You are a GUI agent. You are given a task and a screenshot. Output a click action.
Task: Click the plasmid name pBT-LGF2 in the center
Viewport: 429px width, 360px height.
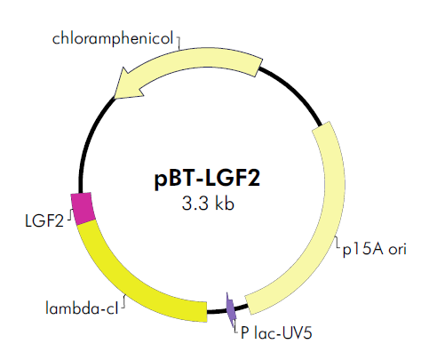(207, 179)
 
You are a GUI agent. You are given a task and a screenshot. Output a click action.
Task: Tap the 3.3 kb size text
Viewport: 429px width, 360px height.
(208, 204)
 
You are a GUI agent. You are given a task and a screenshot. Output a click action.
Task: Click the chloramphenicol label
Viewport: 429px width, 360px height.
(113, 38)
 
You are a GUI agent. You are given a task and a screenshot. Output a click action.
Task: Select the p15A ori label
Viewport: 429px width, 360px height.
(375, 249)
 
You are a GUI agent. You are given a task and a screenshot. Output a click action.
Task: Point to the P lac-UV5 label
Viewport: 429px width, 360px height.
(276, 332)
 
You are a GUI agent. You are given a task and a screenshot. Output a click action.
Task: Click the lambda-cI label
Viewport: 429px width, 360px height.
(82, 308)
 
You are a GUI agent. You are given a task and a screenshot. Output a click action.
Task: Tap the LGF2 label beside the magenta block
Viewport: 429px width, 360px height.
(44, 220)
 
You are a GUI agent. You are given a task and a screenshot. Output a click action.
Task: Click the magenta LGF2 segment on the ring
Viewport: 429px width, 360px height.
(83, 208)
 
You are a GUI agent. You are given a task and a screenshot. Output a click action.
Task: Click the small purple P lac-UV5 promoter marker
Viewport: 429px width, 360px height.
(231, 310)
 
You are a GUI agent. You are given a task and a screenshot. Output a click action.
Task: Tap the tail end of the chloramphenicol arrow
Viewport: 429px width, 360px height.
(258, 68)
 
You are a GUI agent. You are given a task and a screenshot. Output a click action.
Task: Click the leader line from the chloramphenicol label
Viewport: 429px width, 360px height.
(179, 43)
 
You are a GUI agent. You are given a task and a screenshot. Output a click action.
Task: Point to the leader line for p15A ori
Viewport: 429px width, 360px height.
(338, 244)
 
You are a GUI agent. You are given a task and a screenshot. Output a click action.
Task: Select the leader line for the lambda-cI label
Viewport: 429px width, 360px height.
(123, 301)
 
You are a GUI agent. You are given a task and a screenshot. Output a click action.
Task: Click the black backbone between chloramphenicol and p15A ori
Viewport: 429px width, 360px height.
(295, 91)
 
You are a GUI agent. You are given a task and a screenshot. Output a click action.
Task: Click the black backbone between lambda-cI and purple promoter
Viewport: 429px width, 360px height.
(217, 311)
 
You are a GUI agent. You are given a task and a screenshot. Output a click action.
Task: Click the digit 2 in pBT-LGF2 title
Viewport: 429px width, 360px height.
(254, 178)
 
